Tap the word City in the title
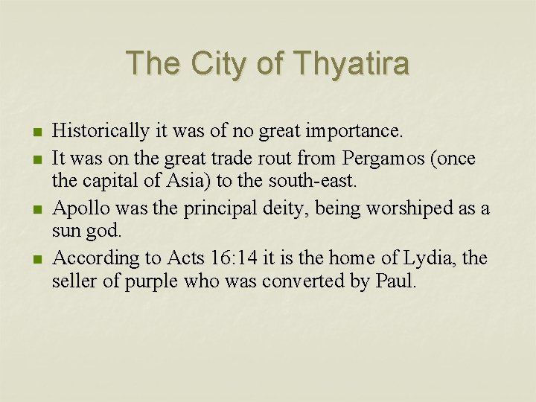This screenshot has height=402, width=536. pos(217,63)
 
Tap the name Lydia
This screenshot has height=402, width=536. pos(430,258)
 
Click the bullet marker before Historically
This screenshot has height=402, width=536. pos(36,133)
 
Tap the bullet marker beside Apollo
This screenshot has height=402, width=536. pos(36,208)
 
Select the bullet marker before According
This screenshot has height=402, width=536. pos(36,259)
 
